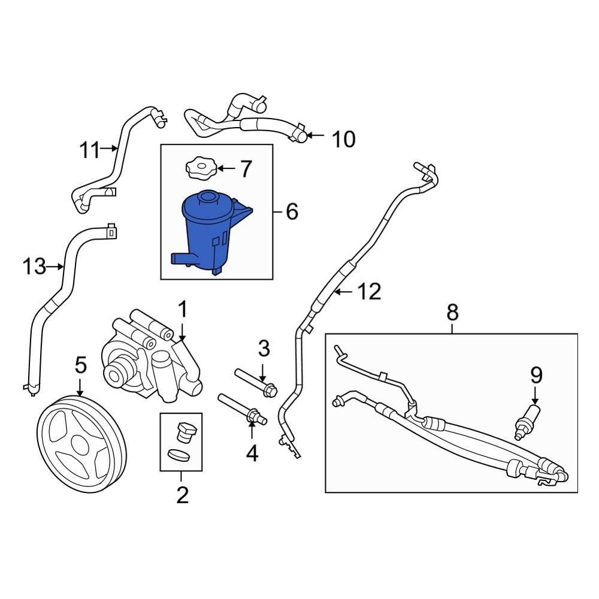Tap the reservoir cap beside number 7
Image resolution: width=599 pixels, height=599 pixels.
pos(201,167)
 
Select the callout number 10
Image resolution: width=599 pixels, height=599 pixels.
pos(343,139)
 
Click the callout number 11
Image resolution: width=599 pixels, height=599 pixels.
pos(89,150)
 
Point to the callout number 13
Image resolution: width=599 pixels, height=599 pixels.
pos(34,267)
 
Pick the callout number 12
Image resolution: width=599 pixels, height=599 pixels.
pos(369,292)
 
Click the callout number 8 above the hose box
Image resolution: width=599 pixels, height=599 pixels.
pos(452,312)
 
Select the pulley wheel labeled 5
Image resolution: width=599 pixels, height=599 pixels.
pos(83,444)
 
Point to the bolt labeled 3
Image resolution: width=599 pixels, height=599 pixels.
pos(256,383)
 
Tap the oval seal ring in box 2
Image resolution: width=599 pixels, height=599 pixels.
pos(179,455)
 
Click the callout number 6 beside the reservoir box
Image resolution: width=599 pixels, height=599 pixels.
pos(292,211)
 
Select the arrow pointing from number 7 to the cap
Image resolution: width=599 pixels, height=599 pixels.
pos(226,168)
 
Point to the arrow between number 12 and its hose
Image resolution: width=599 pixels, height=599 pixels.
pos(344,292)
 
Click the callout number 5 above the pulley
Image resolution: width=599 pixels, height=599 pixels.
pos(81,365)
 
